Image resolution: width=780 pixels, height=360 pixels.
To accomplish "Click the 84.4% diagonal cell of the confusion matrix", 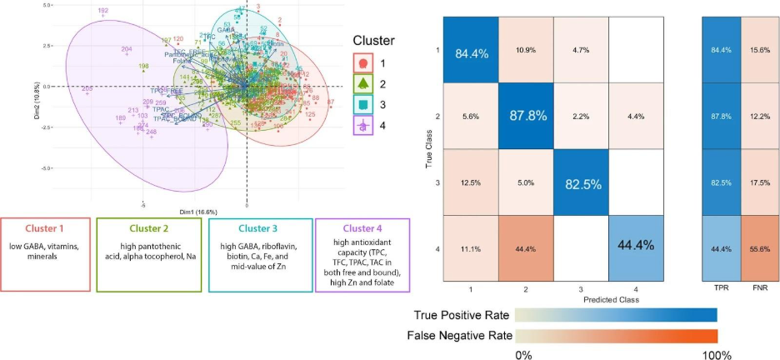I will pos(471,52).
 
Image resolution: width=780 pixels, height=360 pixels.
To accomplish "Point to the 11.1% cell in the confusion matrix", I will pos(471,248).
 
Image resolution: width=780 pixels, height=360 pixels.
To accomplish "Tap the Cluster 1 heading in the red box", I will pos(46,228).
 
